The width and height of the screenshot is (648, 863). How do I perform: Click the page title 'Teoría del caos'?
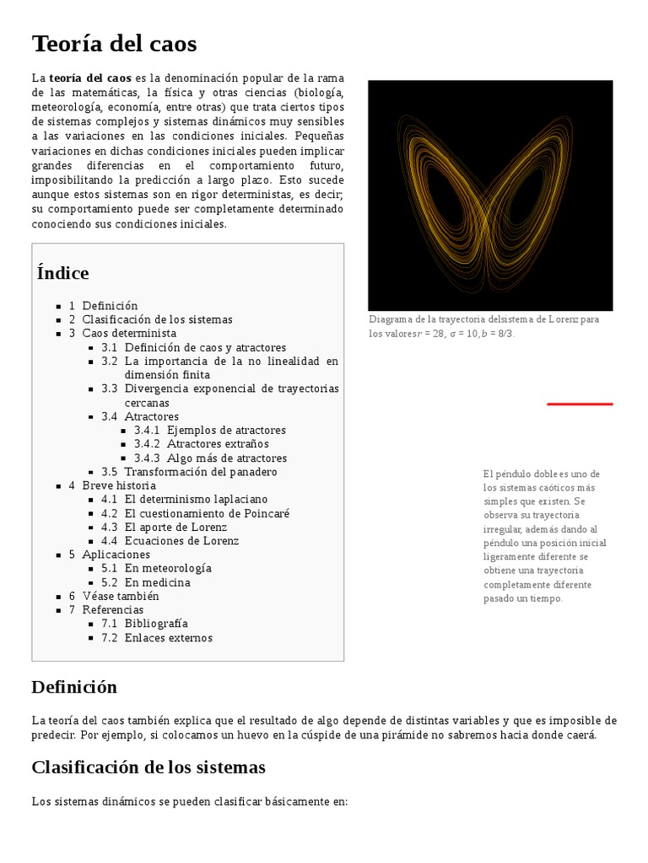point(114,43)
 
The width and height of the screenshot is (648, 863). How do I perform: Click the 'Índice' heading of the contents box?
point(63,273)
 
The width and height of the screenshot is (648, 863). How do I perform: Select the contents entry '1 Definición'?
point(110,306)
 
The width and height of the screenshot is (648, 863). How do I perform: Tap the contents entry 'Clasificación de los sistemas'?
point(157,319)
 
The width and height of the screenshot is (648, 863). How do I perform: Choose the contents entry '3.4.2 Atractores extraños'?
point(218,444)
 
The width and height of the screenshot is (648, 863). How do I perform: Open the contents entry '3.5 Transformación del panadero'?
point(201,472)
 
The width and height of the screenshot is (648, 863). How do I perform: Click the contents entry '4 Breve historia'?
point(119,485)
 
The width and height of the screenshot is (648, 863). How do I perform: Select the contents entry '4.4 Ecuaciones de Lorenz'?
point(181,541)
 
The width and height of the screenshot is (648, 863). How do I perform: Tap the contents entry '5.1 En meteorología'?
point(168,568)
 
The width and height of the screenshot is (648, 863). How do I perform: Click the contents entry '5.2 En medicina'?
point(157,582)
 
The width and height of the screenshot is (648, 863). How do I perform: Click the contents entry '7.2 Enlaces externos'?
point(168,638)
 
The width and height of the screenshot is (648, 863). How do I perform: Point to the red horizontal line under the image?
point(580,405)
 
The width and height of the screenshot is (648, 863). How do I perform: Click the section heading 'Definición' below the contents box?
point(74,687)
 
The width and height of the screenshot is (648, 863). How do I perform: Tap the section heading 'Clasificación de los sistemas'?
point(148,768)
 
